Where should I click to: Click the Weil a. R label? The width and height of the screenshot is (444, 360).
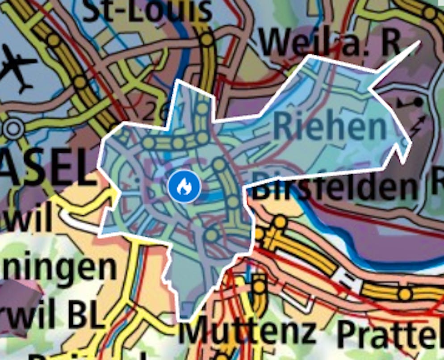click(330, 42)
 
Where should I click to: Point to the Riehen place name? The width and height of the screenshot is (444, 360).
click(329, 126)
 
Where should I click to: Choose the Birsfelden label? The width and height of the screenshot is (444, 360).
click(335, 187)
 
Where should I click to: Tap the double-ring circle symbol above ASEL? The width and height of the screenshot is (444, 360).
click(13, 129)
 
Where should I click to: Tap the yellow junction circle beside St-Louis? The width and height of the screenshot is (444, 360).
click(207, 39)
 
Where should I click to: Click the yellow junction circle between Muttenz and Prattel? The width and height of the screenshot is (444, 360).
click(404, 294)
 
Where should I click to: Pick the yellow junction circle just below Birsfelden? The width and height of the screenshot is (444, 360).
click(280, 222)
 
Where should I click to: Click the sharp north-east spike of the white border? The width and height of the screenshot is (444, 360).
click(419, 42)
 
